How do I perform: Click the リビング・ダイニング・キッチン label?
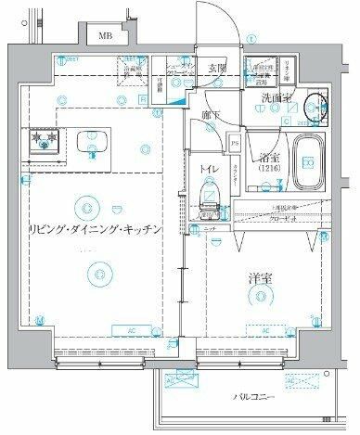coord(96,228)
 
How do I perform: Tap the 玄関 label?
coord(217,67)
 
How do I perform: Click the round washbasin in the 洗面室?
coord(320,108)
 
